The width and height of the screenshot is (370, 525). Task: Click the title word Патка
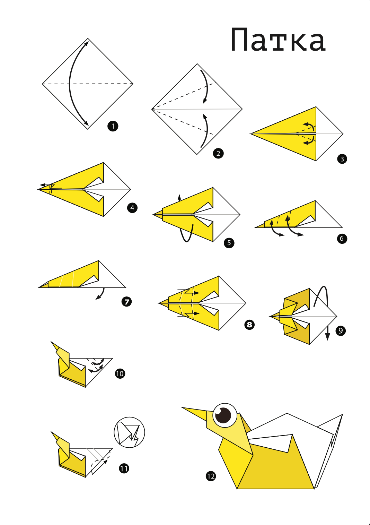(x=278, y=40)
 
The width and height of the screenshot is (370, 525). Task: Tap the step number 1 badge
(x=113, y=126)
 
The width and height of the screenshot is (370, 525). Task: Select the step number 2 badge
(x=218, y=153)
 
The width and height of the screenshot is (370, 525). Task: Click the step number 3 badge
(x=342, y=159)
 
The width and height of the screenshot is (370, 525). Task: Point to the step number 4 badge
(x=132, y=208)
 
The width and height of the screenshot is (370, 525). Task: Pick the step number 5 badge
(x=229, y=243)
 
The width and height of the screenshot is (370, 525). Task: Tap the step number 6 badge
(x=342, y=239)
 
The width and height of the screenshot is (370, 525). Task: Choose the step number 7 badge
(x=127, y=302)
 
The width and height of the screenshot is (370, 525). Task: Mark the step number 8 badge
(x=249, y=325)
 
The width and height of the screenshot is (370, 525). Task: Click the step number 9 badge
(x=341, y=330)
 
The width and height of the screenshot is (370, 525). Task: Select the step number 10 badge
(x=120, y=373)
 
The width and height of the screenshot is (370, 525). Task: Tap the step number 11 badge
(x=124, y=468)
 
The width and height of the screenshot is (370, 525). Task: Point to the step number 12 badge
(x=211, y=476)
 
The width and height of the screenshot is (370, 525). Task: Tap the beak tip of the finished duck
(x=183, y=408)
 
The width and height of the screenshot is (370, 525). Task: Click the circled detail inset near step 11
(x=129, y=432)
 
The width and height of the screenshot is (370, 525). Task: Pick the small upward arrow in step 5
(x=179, y=198)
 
